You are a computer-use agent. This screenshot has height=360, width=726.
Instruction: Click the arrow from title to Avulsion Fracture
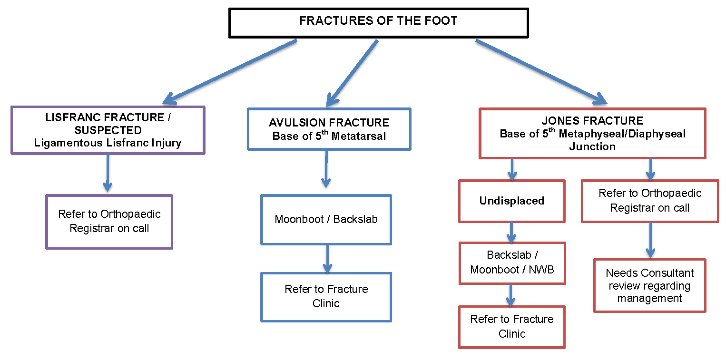click(x=352, y=73)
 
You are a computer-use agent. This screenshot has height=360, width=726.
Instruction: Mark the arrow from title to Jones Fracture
click(x=541, y=72)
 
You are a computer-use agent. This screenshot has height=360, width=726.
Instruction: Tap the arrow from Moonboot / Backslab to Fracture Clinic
click(x=327, y=259)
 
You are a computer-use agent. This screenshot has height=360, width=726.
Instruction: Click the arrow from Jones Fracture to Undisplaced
click(x=512, y=170)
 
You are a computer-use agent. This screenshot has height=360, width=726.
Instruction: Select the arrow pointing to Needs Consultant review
click(x=650, y=240)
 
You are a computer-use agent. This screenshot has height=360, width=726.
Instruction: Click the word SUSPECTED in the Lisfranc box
click(x=108, y=130)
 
